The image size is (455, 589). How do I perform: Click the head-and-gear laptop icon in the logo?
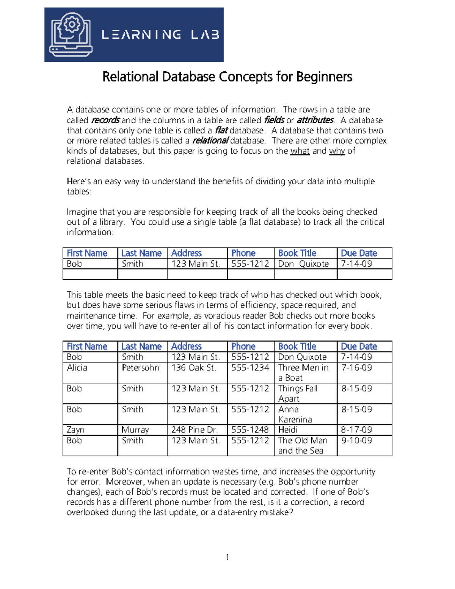pos(71,35)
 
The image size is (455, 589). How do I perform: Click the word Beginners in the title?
pos(324,77)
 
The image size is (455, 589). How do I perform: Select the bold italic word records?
pos(105,120)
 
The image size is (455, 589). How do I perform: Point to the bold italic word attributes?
pos(315,120)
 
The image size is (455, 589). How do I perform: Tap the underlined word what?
pos(300,151)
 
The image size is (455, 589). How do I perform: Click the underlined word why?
pos(337,151)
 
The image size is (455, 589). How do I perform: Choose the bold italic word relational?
pos(210,141)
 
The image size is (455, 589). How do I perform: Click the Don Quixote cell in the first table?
pos(303,264)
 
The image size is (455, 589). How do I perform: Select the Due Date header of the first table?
pos(359,253)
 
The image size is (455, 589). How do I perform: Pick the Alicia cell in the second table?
pos(77,368)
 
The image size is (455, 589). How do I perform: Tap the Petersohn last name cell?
pos(140,368)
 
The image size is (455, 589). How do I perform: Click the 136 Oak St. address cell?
pos(194,368)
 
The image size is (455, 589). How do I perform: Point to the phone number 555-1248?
pos(250,430)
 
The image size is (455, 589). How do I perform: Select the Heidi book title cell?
pos(288,430)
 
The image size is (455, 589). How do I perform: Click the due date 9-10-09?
pos(356,440)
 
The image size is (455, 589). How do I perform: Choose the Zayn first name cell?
pos(75,430)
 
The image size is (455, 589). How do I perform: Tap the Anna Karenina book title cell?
pos(295,415)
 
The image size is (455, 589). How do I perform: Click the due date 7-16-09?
pos(356,368)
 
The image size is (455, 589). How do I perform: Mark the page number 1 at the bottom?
pos(227,557)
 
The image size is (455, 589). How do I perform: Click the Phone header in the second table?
pos(243,346)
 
